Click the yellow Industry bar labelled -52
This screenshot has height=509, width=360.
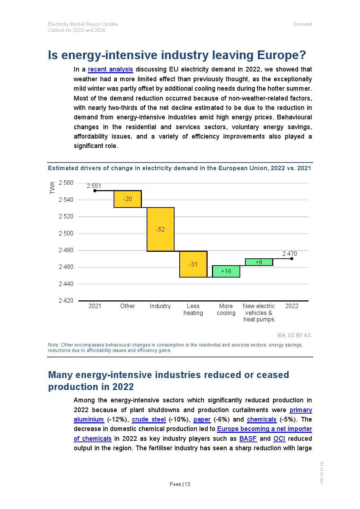pyautogui.click(x=160, y=229)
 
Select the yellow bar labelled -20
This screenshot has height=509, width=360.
pyautogui.click(x=127, y=199)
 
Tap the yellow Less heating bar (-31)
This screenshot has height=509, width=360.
pyautogui.click(x=193, y=264)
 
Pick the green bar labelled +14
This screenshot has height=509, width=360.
pyautogui.click(x=226, y=271)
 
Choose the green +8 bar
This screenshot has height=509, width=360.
pyautogui.click(x=259, y=262)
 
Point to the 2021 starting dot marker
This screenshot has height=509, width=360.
pyautogui.click(x=95, y=191)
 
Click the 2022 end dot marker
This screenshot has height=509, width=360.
pyautogui.click(x=292, y=259)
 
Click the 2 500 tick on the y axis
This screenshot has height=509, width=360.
pyautogui.click(x=66, y=233)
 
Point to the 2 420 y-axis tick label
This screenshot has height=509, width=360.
pyautogui.click(x=66, y=300)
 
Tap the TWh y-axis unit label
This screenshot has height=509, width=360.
pyautogui.click(x=52, y=188)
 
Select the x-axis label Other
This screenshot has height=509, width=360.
pyautogui.click(x=127, y=306)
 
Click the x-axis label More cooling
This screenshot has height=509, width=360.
pyautogui.click(x=226, y=309)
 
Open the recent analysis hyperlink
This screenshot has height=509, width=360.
pyautogui.click(x=110, y=69)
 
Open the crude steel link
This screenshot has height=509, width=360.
pyautogui.click(x=149, y=419)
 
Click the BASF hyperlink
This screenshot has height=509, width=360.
pyautogui.click(x=248, y=439)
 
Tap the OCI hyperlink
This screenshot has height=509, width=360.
pyautogui.click(x=279, y=439)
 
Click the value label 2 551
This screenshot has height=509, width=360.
pyautogui.click(x=94, y=186)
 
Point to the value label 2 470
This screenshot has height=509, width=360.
pyautogui.click(x=290, y=254)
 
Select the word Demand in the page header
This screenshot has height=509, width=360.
pyautogui.click(x=303, y=24)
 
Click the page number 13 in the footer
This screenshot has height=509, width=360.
pyautogui.click(x=187, y=484)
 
